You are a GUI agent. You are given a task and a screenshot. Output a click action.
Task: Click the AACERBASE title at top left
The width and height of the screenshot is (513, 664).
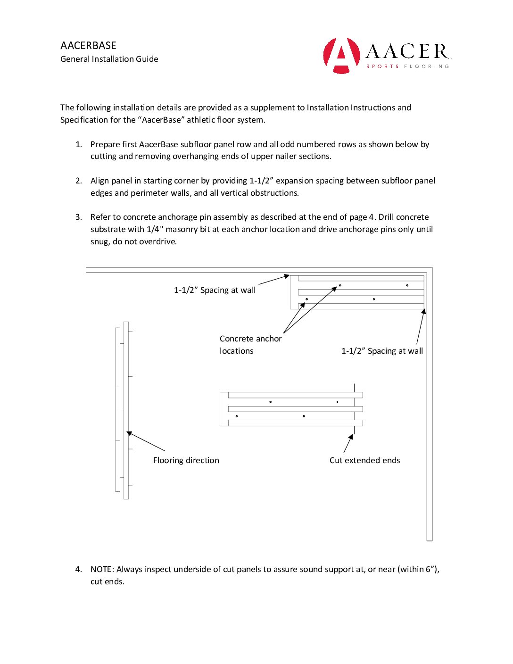coord(88,46)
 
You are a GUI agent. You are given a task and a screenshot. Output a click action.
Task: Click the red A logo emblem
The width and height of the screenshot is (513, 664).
coord(341,55)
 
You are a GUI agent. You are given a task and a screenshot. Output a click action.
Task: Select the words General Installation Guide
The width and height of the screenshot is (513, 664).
coord(109,59)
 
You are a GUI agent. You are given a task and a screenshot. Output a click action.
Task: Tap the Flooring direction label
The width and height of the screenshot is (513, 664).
coord(186,460)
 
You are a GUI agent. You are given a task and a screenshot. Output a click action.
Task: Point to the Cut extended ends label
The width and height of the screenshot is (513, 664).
coord(364,460)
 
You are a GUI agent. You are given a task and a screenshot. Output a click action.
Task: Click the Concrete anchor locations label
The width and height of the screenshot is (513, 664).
coord(250,345)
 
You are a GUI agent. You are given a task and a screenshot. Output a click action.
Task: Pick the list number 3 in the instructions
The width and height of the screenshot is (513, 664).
coord(78,217)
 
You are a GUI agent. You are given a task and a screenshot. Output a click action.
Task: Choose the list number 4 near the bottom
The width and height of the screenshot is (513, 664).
coord(78,569)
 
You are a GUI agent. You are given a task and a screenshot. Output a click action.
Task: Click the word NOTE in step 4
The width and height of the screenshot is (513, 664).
coord(101,569)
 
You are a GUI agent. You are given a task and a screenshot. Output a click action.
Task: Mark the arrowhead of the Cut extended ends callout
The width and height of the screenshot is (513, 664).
coord(351,437)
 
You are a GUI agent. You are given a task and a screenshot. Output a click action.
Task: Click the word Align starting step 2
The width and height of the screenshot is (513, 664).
coord(99,181)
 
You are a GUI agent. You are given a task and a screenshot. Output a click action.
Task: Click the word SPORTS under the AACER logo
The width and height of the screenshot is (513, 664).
coord(382,66)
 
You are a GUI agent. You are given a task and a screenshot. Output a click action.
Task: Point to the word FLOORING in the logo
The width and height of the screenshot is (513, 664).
coord(426,66)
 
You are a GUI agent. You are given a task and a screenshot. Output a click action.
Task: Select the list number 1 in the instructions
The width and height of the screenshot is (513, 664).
coord(78,144)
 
